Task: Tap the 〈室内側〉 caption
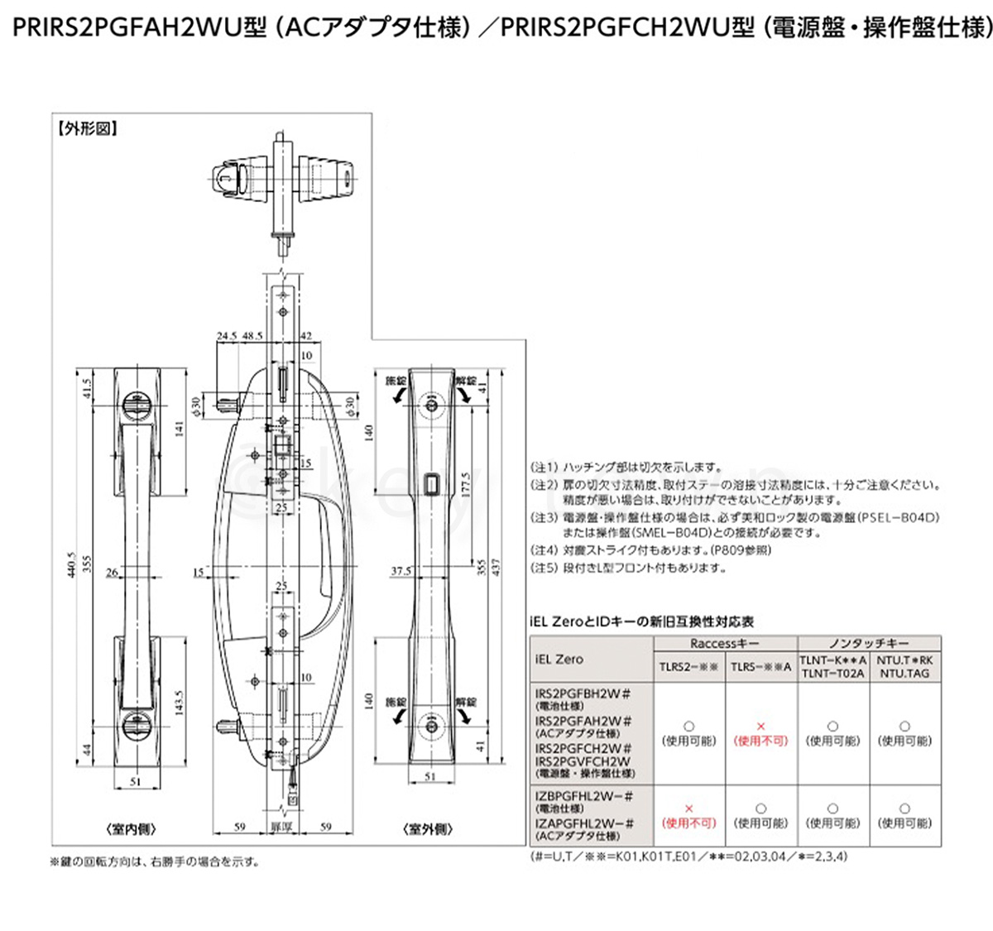pyautogui.click(x=132, y=829)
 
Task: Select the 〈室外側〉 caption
pyautogui.click(x=426, y=829)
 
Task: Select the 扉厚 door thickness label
pyautogui.click(x=282, y=826)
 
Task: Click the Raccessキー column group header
pyautogui.click(x=725, y=642)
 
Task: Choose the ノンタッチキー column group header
pyautogui.click(x=869, y=642)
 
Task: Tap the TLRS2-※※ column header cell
pyautogui.click(x=688, y=666)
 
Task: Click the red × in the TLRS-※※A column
pyautogui.click(x=761, y=725)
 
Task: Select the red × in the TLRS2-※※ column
pyautogui.click(x=688, y=808)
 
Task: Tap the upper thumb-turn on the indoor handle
pyautogui.click(x=132, y=406)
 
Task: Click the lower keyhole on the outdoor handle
pyautogui.click(x=432, y=726)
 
